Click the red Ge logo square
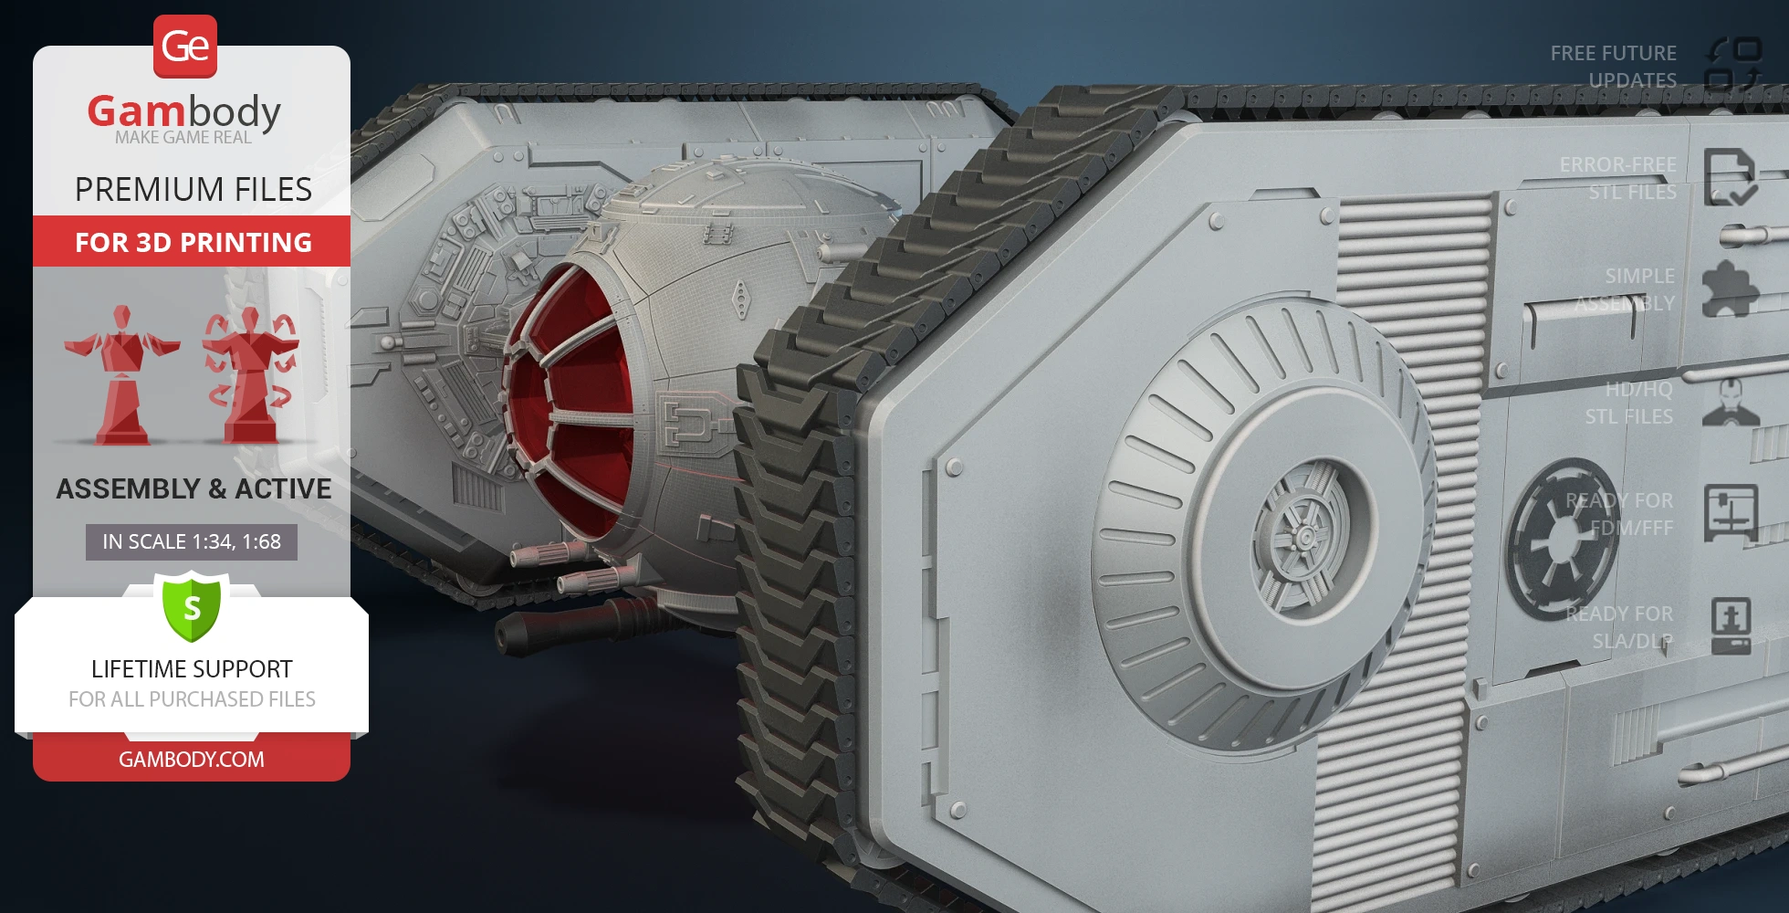(185, 46)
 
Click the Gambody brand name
(183, 111)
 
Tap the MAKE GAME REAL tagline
(183, 138)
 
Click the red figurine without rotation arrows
(121, 376)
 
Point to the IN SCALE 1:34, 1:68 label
(192, 541)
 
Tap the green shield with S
(192, 606)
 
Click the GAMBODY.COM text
(192, 759)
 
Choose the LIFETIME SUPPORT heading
(192, 669)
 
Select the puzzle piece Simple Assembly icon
(1730, 289)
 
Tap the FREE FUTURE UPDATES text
(1613, 67)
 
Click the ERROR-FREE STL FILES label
(1617, 178)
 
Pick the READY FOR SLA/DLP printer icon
(1731, 626)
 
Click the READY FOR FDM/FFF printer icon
(1731, 513)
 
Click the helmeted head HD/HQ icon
(1731, 402)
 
